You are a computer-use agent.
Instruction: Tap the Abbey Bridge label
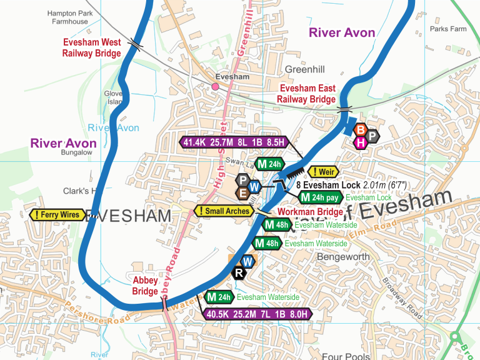point(145,286)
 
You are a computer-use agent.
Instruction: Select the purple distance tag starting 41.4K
point(233,142)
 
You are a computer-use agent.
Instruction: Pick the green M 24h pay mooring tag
point(321,198)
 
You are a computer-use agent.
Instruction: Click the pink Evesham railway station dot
point(215,87)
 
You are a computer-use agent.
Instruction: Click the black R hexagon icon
point(239,272)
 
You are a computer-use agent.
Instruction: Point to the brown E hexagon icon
point(242,193)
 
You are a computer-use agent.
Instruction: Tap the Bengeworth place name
point(344,257)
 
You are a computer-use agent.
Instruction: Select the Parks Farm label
point(448,29)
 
